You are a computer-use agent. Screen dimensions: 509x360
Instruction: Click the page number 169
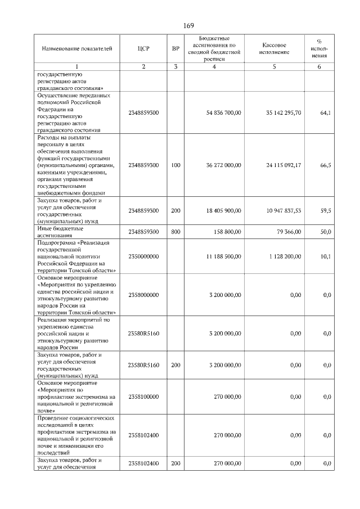click(x=188, y=25)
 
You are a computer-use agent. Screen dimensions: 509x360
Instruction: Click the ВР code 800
click(x=175, y=232)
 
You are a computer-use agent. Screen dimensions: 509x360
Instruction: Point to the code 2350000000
click(x=143, y=256)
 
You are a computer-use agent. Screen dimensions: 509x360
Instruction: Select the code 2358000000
click(x=143, y=295)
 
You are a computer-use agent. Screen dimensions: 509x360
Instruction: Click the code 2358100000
click(x=143, y=397)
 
